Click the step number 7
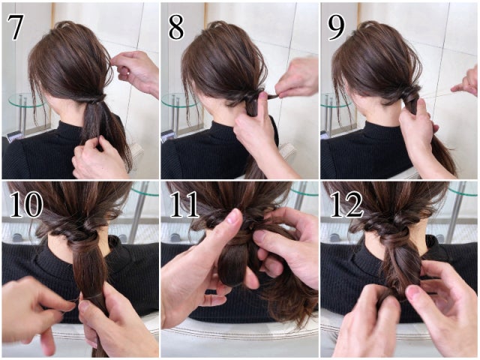pyautogui.click(x=16, y=27)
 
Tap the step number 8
pyautogui.click(x=176, y=27)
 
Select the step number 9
pyautogui.click(x=337, y=27)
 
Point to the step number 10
pyautogui.click(x=26, y=204)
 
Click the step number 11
pyautogui.click(x=185, y=204)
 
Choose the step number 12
pyautogui.click(x=346, y=204)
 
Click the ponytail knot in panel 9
pyautogui.click(x=412, y=95)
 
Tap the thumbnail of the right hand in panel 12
pyautogui.click(x=414, y=292)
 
